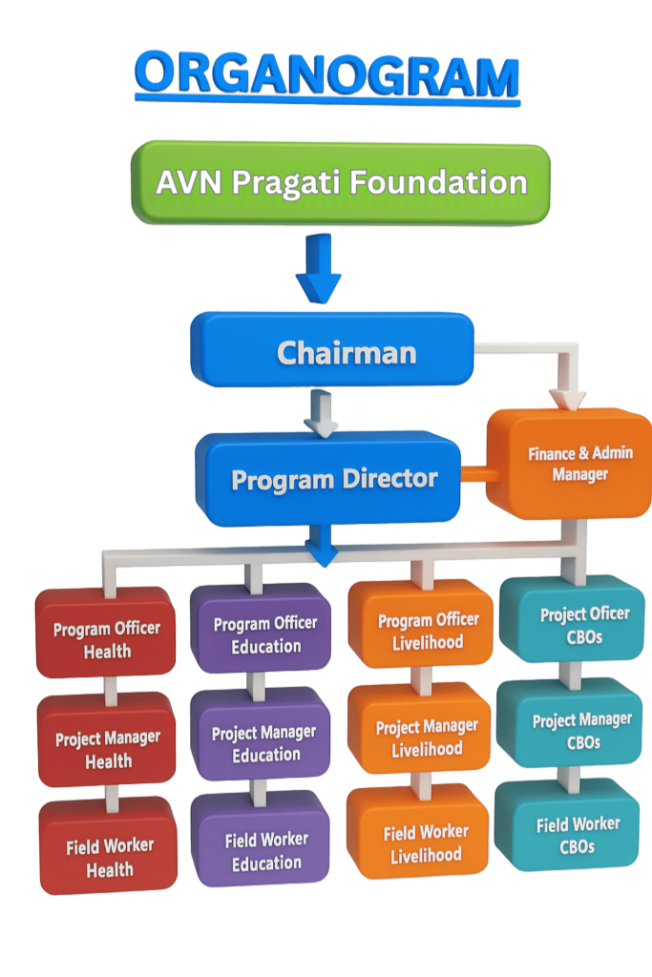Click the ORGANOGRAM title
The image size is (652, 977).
(x=327, y=76)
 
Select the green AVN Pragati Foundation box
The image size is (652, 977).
(x=341, y=183)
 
